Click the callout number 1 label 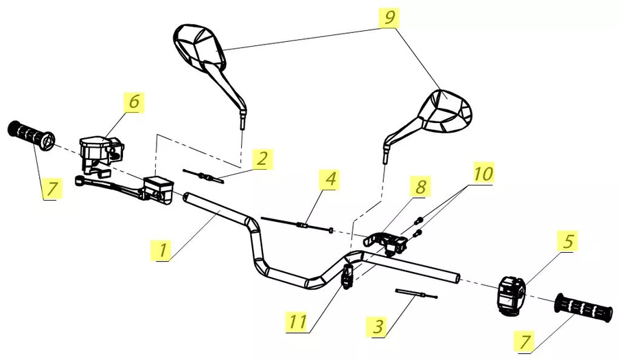tap(162, 249)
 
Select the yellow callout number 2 tap(260, 159)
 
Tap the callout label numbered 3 tap(376, 326)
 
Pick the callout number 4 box tap(331, 180)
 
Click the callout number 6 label tap(133, 101)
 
